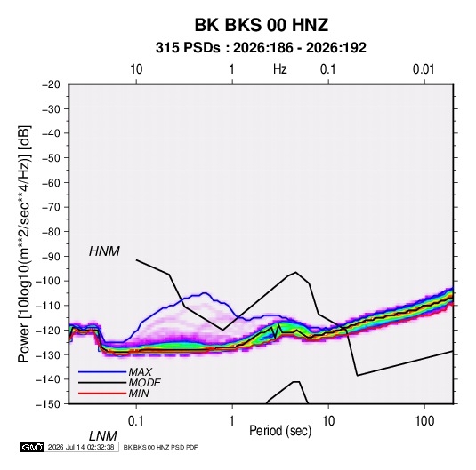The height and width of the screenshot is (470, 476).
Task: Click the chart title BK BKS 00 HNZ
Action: point(262,25)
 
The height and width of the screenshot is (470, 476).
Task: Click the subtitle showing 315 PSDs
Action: point(261,48)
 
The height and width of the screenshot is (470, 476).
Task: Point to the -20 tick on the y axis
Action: point(51,84)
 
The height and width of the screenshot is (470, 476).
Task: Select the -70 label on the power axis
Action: point(51,207)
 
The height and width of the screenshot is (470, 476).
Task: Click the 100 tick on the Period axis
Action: point(424,421)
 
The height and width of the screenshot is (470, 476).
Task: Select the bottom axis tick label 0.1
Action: point(136,421)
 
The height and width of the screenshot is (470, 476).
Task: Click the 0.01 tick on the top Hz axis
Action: point(424,69)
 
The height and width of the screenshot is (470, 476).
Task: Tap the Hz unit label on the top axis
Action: point(280,69)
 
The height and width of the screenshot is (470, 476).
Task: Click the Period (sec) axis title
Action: point(280,431)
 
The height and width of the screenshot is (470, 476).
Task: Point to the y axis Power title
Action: point(24,243)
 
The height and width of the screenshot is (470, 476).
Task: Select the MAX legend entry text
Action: point(141,372)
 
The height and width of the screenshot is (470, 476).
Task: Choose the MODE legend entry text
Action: point(144,383)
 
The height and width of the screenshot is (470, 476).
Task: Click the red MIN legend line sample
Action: point(102,394)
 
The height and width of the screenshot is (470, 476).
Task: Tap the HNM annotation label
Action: point(104,251)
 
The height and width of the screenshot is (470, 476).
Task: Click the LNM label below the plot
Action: point(103,436)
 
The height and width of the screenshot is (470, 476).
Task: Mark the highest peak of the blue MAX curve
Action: point(205,293)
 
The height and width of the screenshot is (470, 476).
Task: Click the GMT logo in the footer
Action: point(33,447)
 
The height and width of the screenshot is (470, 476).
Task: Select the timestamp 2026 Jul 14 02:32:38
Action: point(81,447)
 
